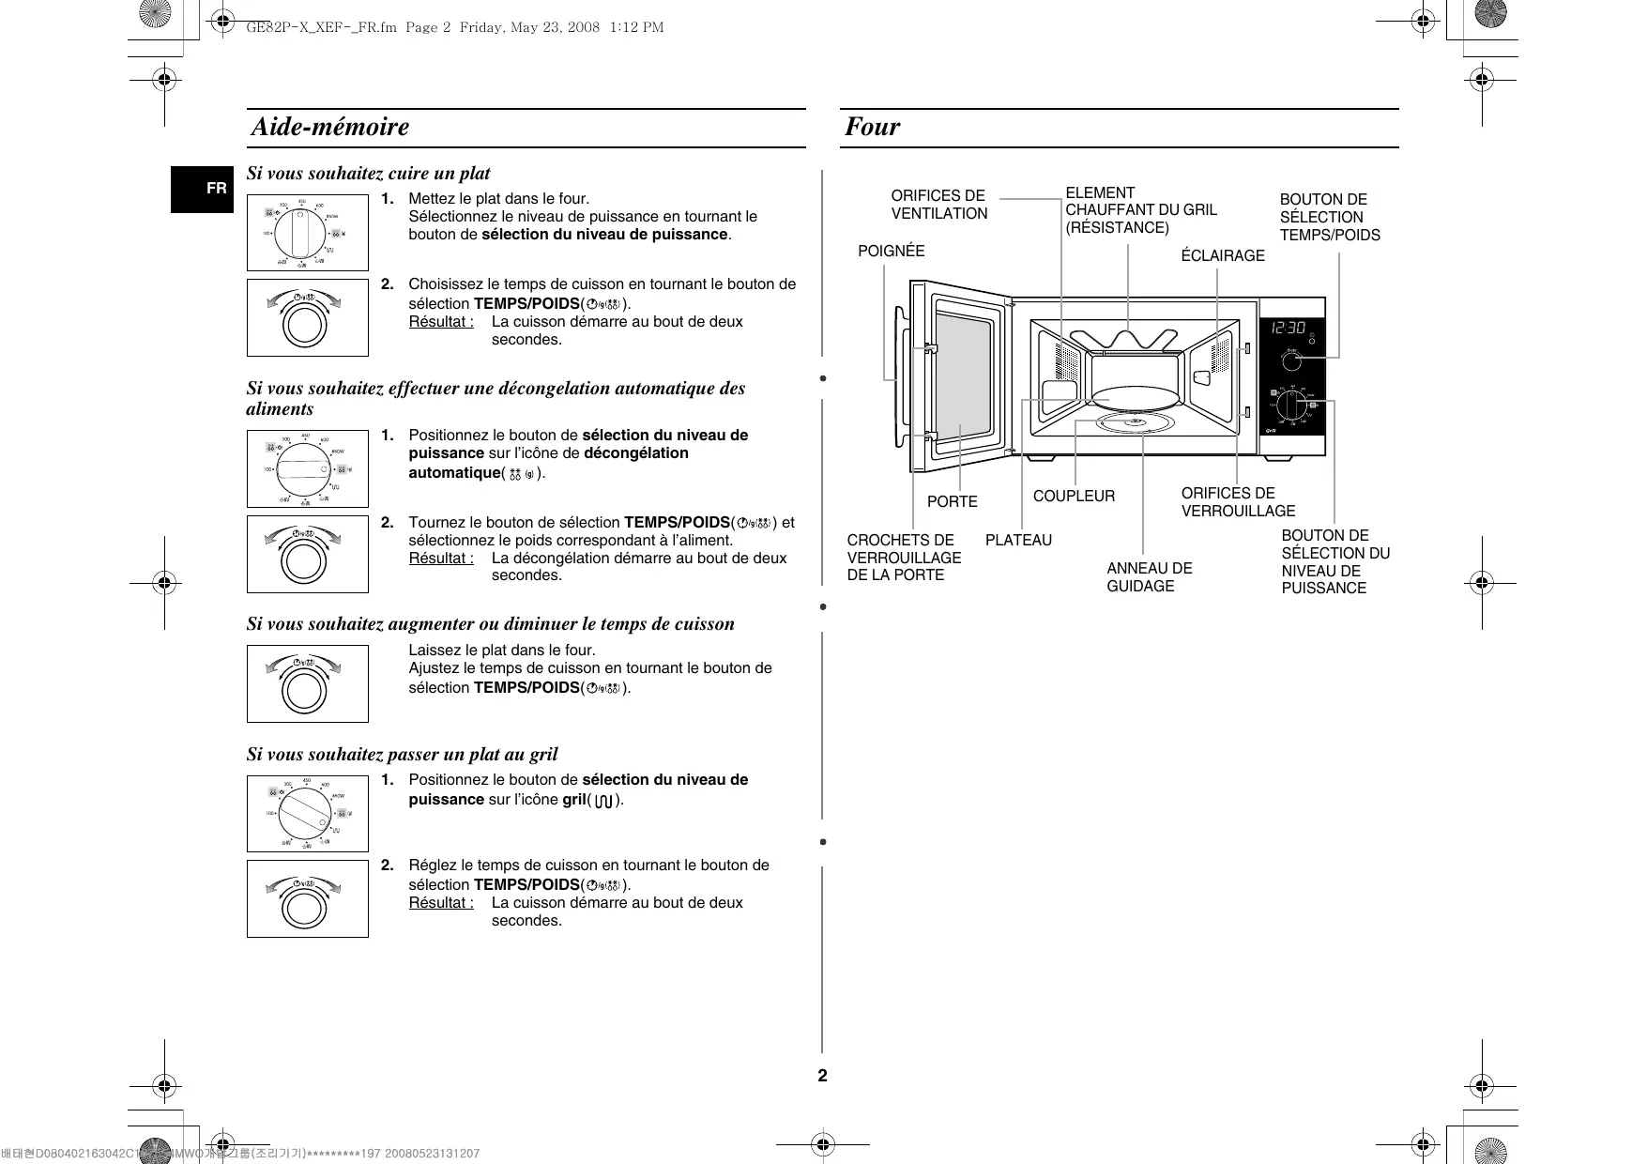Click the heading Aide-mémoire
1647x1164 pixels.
point(330,127)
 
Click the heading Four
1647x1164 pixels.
point(872,127)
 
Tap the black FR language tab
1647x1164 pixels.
point(202,189)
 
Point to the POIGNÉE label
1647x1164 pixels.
point(891,251)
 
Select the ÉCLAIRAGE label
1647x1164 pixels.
point(1222,255)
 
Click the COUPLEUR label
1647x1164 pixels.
point(1074,496)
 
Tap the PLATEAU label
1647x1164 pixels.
point(1018,540)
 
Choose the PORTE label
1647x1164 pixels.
point(952,501)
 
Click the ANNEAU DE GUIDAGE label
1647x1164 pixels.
point(1149,577)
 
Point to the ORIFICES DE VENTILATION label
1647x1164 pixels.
point(938,205)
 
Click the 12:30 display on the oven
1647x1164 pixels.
point(1288,328)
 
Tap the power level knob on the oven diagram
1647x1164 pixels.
point(1292,406)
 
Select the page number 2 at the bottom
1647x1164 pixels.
point(822,1076)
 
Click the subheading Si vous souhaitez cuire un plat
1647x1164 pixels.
point(368,173)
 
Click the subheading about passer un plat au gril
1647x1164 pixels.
point(402,754)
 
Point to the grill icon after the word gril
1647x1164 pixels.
point(603,801)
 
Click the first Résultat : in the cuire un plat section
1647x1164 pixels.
point(441,322)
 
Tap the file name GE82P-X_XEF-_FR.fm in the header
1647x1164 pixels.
point(321,27)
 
